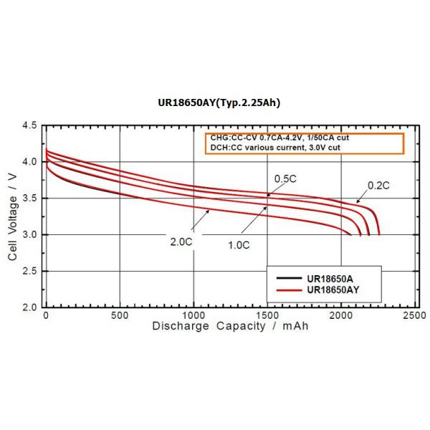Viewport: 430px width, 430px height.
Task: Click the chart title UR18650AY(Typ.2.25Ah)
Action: (219, 102)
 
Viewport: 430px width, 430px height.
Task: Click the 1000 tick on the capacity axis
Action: (193, 315)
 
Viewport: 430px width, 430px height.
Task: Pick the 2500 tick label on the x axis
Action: (414, 315)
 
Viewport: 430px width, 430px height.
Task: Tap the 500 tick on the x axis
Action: (120, 315)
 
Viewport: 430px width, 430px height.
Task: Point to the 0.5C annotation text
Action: (285, 177)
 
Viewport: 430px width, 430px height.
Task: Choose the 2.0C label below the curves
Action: (181, 242)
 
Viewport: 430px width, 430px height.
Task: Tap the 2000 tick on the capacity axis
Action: (340, 315)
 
